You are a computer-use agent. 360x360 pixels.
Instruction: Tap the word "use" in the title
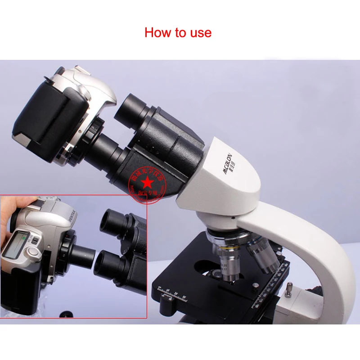coord(200,33)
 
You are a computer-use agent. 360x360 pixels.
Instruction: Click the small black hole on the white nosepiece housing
coord(234,216)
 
